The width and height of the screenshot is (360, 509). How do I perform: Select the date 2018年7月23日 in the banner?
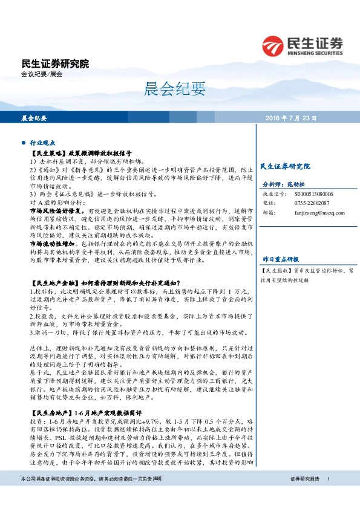(290, 118)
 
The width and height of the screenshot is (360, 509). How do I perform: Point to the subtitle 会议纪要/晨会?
(42, 74)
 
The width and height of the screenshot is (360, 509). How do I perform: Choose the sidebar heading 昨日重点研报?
(280, 259)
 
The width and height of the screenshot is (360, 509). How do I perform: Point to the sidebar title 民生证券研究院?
(284, 166)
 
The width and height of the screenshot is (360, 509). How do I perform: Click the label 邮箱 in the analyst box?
(267, 213)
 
